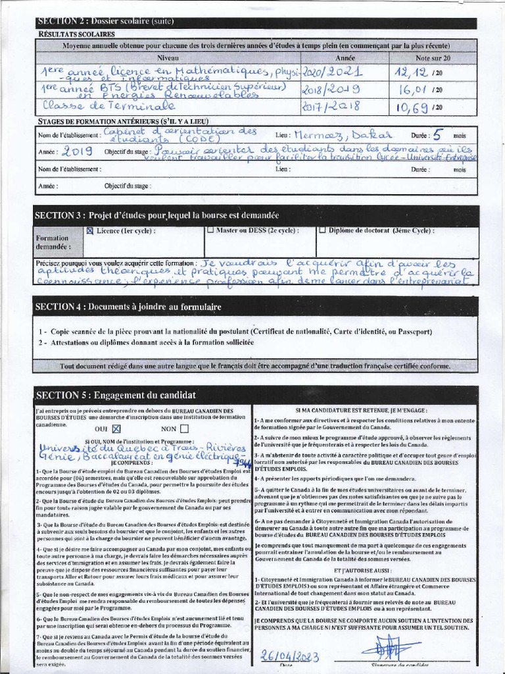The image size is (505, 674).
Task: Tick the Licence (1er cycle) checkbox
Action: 91,231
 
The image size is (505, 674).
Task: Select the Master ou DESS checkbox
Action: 210,231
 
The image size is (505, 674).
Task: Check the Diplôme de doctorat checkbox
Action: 322,231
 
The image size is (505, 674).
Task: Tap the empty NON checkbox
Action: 184,428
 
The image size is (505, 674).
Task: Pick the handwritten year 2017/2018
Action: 331,106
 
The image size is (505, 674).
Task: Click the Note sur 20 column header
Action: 433,58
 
